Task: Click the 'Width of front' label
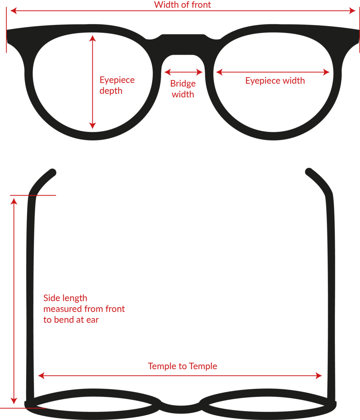click(x=183, y=5)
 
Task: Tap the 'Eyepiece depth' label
click(x=117, y=85)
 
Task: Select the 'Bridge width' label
click(x=183, y=89)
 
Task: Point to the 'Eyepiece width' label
click(x=275, y=81)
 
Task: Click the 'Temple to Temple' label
click(x=183, y=366)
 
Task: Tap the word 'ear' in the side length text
click(x=93, y=320)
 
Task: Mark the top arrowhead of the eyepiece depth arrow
click(x=93, y=37)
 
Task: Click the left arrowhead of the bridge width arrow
click(x=166, y=72)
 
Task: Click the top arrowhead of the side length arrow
click(x=14, y=200)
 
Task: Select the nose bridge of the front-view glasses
click(x=183, y=44)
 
